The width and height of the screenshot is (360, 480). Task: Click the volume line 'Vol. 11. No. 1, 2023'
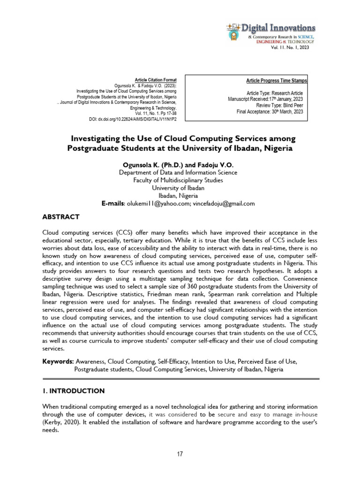pos(290,48)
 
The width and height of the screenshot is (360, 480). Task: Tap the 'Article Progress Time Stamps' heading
pos(277,81)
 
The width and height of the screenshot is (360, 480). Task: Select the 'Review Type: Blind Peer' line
pos(282,105)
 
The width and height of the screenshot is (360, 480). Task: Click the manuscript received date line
pos(268,99)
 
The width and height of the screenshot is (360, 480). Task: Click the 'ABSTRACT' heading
pos(61,217)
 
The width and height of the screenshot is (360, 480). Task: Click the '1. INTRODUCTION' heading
pos(73,390)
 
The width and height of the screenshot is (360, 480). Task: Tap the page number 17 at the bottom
pos(180,454)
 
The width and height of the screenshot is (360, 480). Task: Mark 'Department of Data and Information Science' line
pos(178,172)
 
